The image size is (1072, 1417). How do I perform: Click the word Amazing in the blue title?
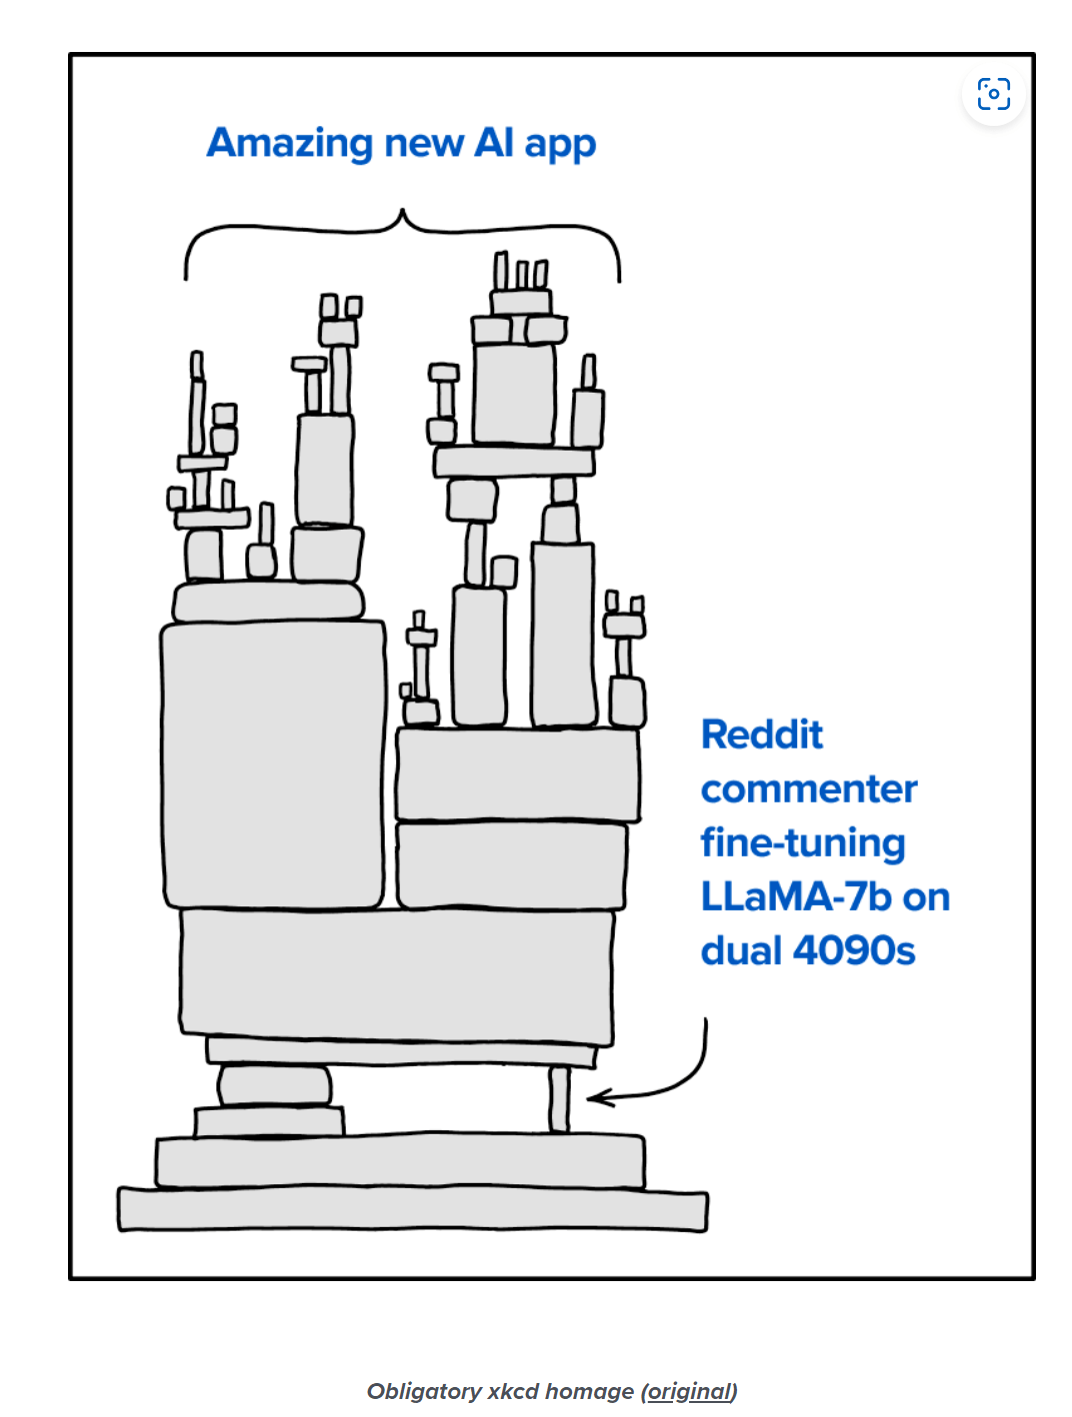coord(289,143)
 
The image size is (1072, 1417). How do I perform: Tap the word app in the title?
coord(560,146)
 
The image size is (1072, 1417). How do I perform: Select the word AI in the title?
coord(493,141)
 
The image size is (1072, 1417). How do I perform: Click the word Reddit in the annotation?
coord(761,734)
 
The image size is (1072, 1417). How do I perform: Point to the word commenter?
coord(809,788)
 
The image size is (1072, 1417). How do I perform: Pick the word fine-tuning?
coord(803,843)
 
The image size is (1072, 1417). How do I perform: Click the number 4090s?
coord(854,951)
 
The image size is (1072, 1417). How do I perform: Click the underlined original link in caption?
coord(689,1391)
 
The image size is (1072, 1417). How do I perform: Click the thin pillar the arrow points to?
coord(559,1100)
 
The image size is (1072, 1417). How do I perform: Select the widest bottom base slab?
coord(413,1209)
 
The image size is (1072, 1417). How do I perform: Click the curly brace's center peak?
coord(402,211)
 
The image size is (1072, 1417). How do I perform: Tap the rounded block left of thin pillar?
coord(274,1086)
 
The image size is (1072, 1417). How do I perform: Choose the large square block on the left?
coord(273,764)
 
